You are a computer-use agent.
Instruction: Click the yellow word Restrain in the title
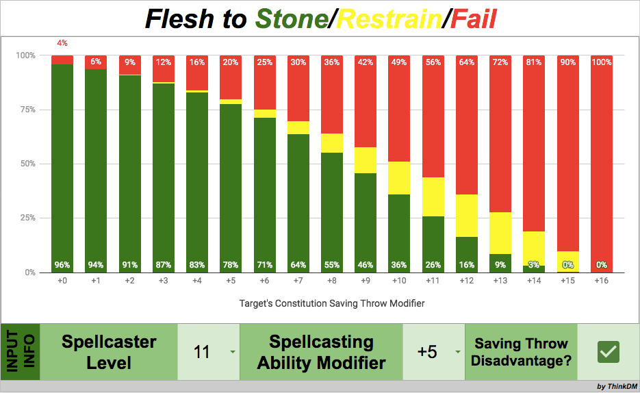(388, 19)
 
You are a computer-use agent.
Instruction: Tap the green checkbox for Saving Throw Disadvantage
(608, 352)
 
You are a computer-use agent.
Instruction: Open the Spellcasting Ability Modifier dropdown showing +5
(433, 352)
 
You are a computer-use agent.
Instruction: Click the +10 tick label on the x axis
(399, 281)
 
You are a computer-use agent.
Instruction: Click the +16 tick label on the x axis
(601, 281)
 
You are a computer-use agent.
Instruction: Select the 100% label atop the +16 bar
(601, 62)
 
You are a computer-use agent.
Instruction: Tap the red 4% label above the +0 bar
(62, 43)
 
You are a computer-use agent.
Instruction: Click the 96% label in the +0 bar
(62, 265)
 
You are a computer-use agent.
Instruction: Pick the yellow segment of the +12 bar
(466, 215)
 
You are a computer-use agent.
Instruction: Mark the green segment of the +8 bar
(332, 205)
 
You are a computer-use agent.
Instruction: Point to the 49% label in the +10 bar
(399, 62)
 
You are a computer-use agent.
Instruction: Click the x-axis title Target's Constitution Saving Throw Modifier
(331, 302)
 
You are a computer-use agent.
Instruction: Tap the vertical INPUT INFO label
(20, 352)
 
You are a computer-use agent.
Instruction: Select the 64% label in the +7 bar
(298, 265)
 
